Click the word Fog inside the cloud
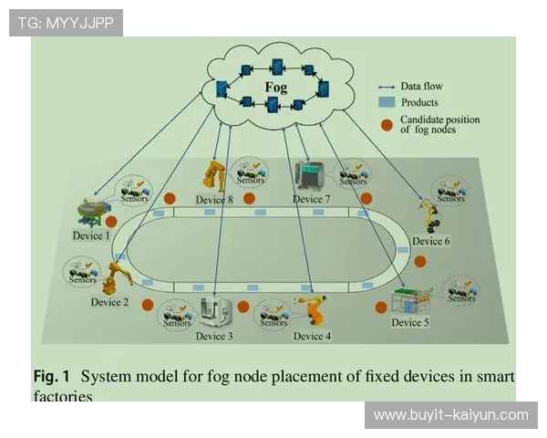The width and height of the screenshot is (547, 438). (x=275, y=88)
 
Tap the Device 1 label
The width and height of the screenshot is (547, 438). (x=91, y=235)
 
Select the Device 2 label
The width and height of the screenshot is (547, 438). (x=110, y=301)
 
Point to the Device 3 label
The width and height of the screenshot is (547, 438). (x=214, y=336)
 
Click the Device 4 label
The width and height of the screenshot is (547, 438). (x=313, y=336)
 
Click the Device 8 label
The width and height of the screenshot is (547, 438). (x=214, y=199)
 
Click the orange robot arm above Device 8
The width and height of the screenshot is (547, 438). (x=215, y=174)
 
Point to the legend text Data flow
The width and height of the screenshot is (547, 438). (x=422, y=86)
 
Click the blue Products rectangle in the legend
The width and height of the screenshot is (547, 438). (x=386, y=102)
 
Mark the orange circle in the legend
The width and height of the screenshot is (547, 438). (x=386, y=124)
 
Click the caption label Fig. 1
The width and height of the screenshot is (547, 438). (x=51, y=375)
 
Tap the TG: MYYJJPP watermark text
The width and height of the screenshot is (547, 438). (x=66, y=22)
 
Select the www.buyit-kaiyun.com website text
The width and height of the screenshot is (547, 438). (x=451, y=415)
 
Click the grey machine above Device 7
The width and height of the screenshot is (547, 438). (x=310, y=174)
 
